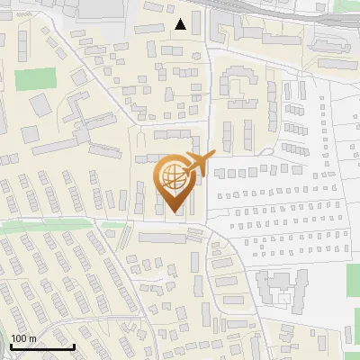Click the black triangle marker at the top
coord(181,24)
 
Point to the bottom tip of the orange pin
coord(172,212)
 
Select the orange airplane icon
coord(199,162)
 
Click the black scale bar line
coord(41,346)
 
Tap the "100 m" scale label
coord(23,338)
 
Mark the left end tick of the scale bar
coord(10,346)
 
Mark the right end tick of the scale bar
coord(74,346)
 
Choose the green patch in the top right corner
coord(346,15)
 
